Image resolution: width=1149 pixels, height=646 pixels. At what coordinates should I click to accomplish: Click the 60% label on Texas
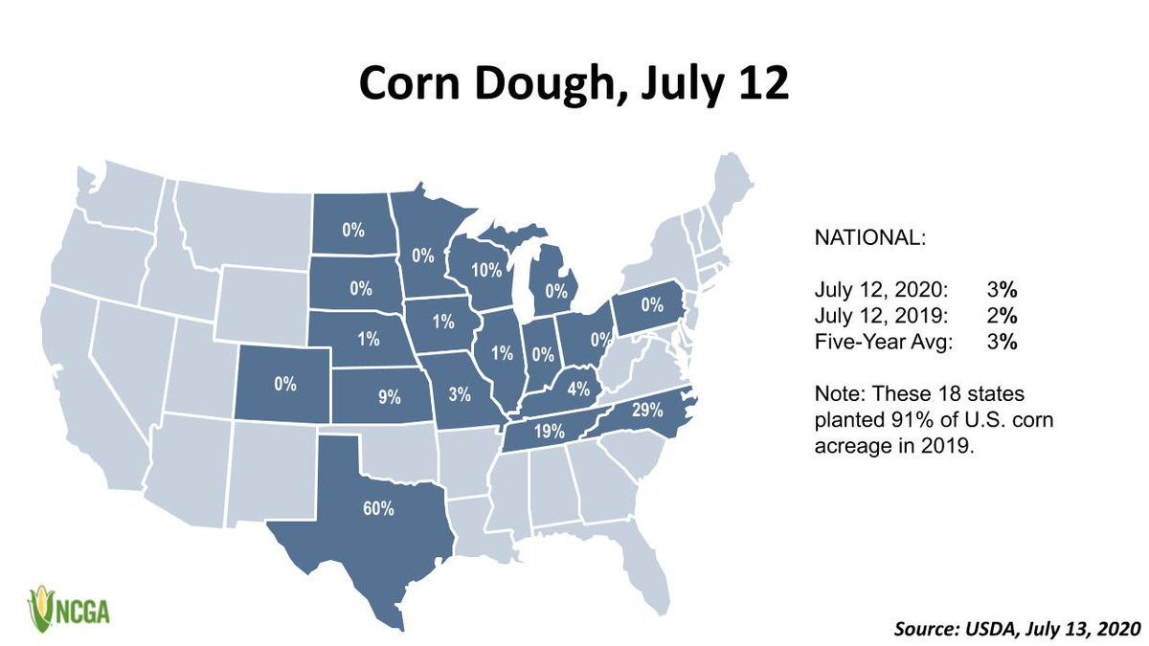(378, 508)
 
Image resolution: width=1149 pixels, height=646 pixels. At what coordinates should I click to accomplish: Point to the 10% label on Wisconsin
(486, 269)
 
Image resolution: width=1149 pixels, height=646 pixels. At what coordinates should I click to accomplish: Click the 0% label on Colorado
(284, 384)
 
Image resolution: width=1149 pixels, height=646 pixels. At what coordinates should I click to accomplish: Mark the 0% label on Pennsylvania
(652, 305)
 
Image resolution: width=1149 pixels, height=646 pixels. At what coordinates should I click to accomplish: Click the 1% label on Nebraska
(368, 338)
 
